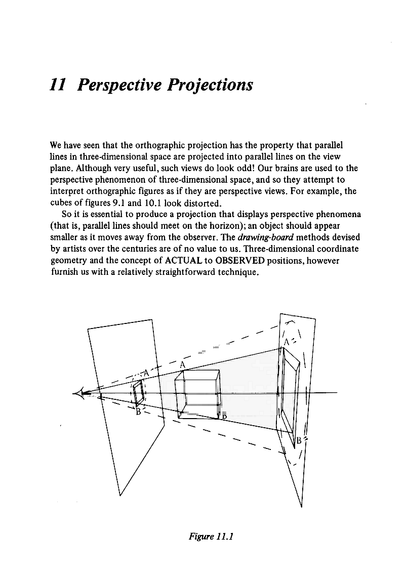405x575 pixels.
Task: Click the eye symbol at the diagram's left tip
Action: (x=81, y=393)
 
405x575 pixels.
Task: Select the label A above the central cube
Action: (x=183, y=365)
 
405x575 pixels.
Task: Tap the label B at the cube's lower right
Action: (x=223, y=416)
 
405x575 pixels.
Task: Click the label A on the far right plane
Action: (x=287, y=342)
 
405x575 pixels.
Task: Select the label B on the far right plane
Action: (x=299, y=440)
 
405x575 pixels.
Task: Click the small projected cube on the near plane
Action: (x=138, y=393)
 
